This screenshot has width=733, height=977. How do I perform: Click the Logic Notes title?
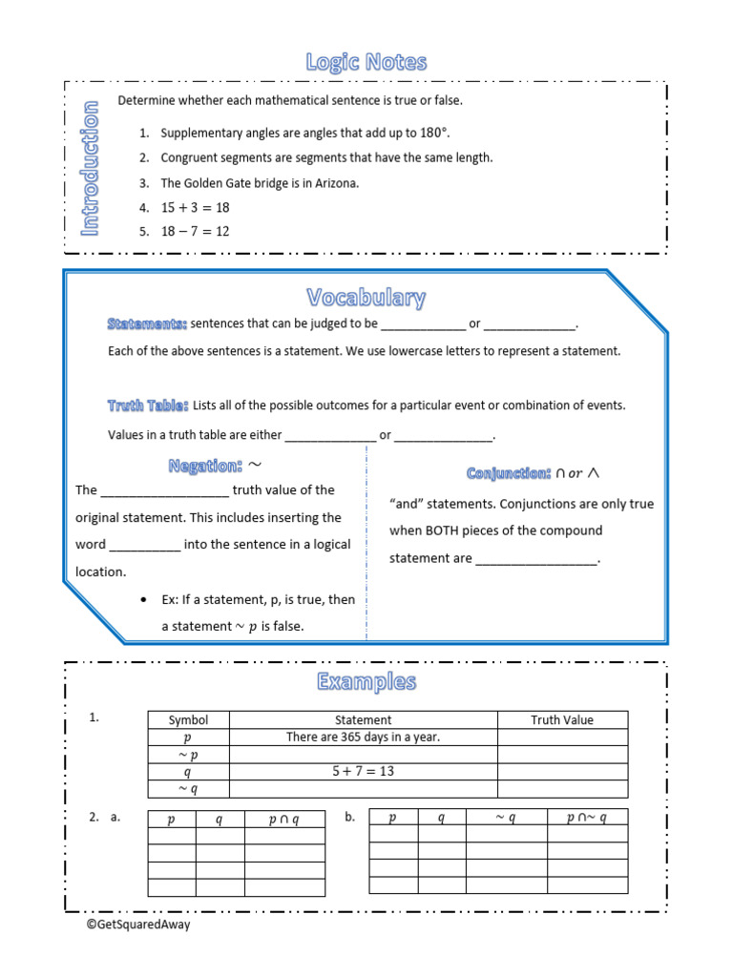366,63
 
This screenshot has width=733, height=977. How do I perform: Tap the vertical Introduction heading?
90,169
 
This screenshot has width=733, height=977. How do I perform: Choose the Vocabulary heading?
366,298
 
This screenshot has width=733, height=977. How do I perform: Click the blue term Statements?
147,324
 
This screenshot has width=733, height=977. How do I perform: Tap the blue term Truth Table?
148,405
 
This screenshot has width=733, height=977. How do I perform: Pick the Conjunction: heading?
509,473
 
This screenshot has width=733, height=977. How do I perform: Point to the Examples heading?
366,682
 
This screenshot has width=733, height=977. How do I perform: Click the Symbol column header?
188,720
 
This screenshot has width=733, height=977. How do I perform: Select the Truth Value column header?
562,720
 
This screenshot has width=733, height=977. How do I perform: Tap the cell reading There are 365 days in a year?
363,738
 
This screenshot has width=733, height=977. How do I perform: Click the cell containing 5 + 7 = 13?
363,772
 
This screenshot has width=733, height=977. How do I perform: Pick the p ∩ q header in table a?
283,820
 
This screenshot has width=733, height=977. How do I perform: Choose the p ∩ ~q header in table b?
586,818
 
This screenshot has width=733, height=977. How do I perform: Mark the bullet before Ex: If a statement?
142,600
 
